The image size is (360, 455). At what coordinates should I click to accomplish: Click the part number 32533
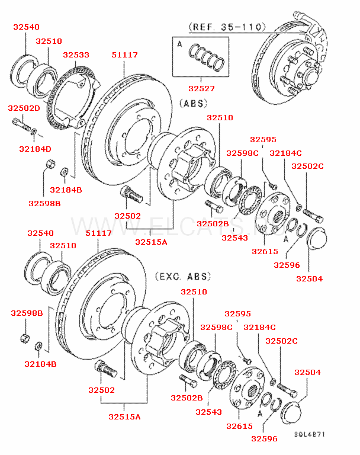pyautogui.click(x=76, y=55)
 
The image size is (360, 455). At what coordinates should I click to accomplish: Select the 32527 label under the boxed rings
pyautogui.click(x=202, y=88)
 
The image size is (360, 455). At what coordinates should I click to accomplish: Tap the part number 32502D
pyautogui.click(x=24, y=108)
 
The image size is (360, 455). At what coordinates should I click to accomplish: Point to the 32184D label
pyautogui.click(x=35, y=149)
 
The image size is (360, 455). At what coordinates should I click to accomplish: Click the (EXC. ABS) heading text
pyautogui.click(x=183, y=276)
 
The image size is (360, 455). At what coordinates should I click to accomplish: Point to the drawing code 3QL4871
pyautogui.click(x=310, y=434)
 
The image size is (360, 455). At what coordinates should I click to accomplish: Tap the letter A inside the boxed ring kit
pyautogui.click(x=179, y=44)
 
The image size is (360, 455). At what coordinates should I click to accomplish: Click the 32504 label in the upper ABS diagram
pyautogui.click(x=309, y=278)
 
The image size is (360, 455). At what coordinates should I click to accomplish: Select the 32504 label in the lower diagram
pyautogui.click(x=307, y=372)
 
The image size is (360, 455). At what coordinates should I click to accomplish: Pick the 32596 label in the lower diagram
pyautogui.click(x=263, y=438)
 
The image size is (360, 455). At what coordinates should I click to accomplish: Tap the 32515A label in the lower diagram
pyautogui.click(x=124, y=416)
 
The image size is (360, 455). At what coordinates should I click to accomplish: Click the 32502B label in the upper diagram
pyautogui.click(x=213, y=223)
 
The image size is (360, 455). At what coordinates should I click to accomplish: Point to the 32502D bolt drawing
pyautogui.click(x=20, y=126)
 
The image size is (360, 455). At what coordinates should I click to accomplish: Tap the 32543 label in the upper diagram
pyautogui.click(x=234, y=238)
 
